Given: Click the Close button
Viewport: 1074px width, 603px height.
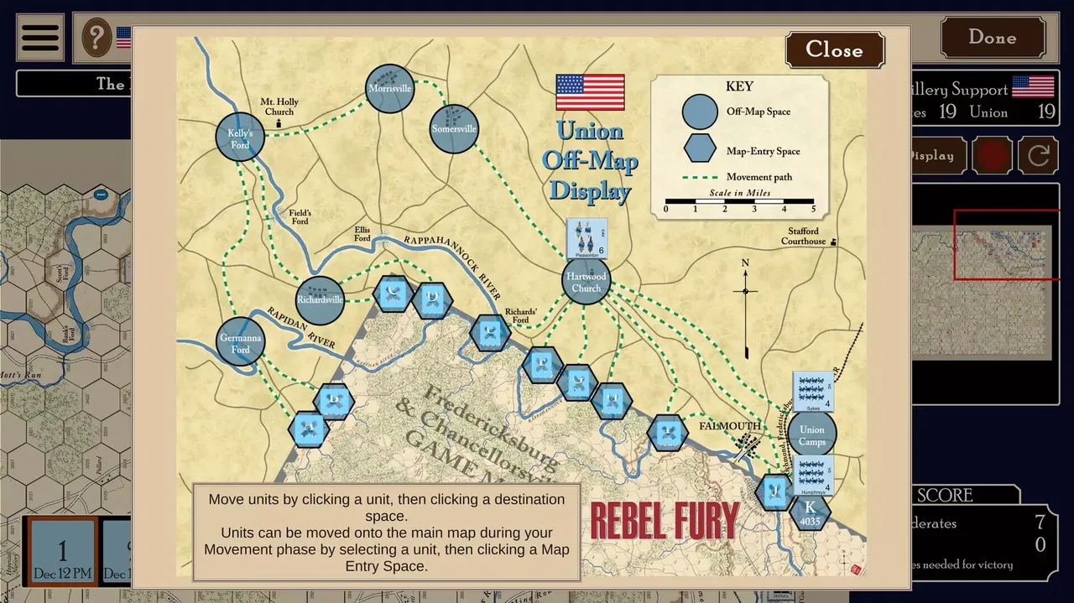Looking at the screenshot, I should [834, 50].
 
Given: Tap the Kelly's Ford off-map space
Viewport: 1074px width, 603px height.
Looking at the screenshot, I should [240, 137].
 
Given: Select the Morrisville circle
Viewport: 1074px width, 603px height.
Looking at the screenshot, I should [390, 89].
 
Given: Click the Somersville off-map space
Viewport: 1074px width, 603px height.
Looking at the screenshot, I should [454, 129].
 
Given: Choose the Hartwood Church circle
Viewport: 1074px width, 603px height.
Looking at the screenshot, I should [586, 282].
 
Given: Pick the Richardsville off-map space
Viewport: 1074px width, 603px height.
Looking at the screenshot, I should [320, 300].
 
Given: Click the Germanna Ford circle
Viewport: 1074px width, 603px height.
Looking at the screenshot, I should [240, 342].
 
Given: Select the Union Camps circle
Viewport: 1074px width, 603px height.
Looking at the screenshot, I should [811, 434].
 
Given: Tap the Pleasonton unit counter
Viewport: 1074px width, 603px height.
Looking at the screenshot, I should [587, 238].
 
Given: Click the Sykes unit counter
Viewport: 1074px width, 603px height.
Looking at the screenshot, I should [813, 392].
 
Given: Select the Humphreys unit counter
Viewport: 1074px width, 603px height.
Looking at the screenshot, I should [813, 476].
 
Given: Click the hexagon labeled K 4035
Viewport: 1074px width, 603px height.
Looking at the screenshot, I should [810, 512].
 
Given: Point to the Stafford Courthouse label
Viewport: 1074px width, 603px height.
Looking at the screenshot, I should [803, 237].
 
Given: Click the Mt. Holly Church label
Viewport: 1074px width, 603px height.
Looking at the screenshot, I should [279, 107].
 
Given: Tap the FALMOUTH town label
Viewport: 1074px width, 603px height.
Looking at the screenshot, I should [729, 426].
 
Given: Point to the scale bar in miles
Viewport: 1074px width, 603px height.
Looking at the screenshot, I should [739, 202].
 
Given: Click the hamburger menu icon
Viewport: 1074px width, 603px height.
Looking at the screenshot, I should [39, 38].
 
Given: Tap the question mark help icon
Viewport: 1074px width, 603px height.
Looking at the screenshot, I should [97, 38].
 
